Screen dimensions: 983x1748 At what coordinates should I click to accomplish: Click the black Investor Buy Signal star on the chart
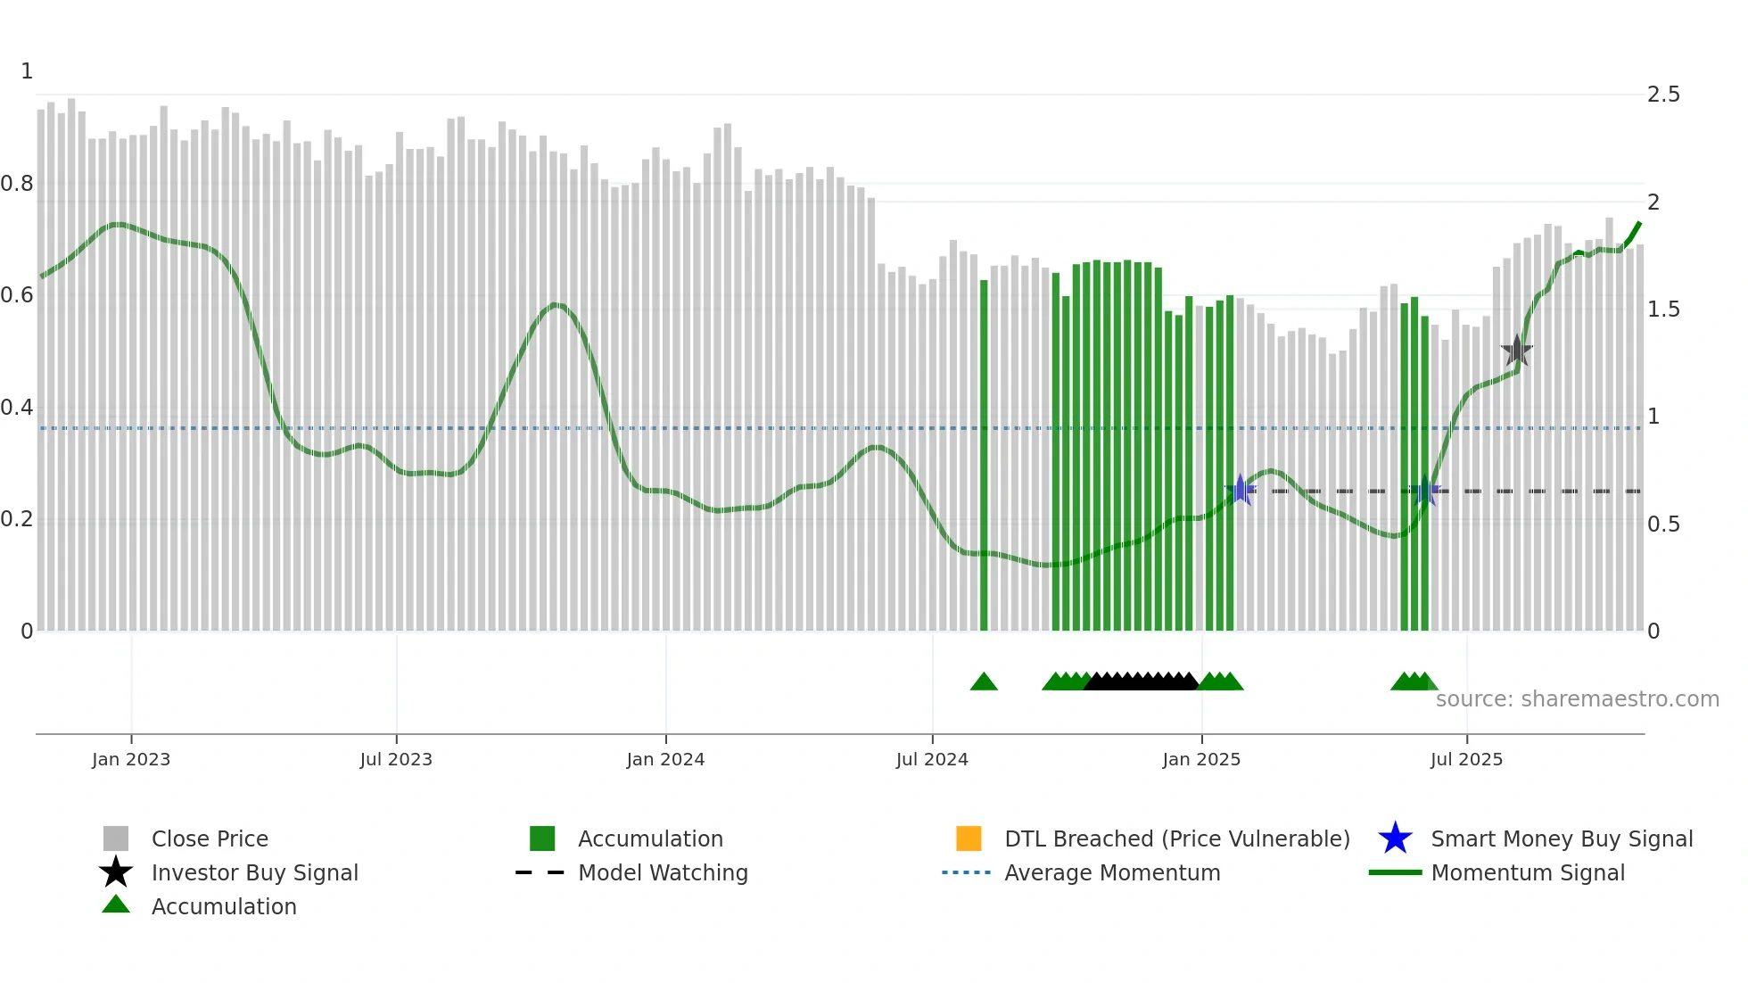point(1516,351)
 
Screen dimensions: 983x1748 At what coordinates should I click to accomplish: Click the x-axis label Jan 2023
point(131,759)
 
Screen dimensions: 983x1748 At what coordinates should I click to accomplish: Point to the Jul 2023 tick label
point(396,759)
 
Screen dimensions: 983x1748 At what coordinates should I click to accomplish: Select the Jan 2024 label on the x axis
point(665,759)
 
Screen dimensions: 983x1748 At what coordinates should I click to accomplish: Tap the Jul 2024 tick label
point(932,759)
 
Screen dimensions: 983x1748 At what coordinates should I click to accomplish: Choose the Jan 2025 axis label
point(1201,759)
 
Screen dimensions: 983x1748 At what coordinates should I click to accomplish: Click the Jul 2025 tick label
point(1466,759)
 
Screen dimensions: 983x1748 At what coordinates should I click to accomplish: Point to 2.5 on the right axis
point(1663,95)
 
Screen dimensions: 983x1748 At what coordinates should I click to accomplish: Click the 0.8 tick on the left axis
point(17,184)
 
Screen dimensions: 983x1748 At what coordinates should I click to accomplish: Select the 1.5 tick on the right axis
point(1663,310)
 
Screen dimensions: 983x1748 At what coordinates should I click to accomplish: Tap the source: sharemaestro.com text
point(1577,699)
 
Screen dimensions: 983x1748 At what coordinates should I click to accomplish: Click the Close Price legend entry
point(210,838)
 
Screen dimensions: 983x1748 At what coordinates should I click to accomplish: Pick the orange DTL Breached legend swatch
point(969,838)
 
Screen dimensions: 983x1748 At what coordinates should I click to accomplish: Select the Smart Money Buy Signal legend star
point(1395,838)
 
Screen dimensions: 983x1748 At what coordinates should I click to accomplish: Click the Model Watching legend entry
point(663,872)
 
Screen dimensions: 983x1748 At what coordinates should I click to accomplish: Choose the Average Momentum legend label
point(1112,872)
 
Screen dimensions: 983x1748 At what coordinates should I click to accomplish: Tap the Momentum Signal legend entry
point(1528,872)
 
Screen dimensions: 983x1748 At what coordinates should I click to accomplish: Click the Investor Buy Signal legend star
point(116,872)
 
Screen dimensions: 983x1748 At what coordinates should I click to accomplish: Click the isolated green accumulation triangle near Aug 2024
point(984,682)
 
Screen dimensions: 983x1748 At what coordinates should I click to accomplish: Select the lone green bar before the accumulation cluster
point(984,455)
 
